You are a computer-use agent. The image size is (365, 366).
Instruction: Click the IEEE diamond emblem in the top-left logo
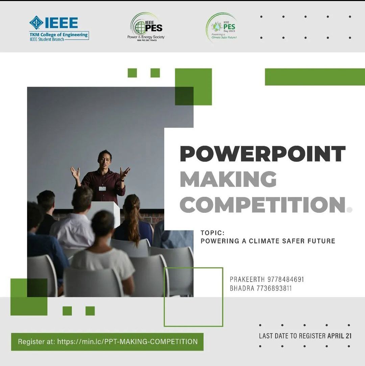coord(36,23)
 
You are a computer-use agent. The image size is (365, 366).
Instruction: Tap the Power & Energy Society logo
coord(146,27)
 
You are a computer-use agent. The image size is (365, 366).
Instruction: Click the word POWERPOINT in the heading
coord(263,154)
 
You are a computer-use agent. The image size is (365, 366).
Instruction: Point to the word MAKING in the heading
coord(228,179)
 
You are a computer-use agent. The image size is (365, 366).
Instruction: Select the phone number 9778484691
coord(286,279)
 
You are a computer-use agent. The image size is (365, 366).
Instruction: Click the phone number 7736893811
coord(274,289)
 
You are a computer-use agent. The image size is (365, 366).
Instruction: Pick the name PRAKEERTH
coord(247,279)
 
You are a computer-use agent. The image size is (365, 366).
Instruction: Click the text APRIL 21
coord(339,336)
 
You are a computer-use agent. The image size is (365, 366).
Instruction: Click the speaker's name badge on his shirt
coord(102,188)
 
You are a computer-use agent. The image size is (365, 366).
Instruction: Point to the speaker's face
coord(105,159)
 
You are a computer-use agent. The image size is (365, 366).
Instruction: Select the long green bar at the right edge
coord(315,77)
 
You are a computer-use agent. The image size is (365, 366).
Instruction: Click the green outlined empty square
coord(193,297)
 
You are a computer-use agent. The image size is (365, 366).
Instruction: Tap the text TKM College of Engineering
coord(58,35)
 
